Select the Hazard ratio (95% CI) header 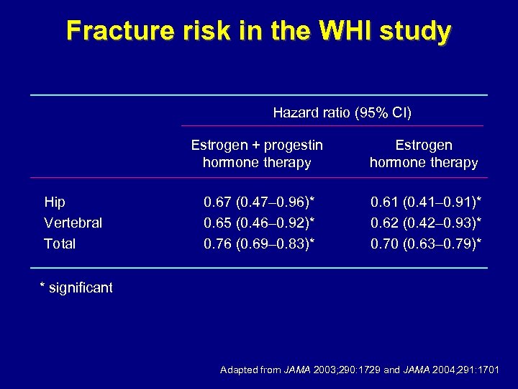342,112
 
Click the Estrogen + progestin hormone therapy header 257,154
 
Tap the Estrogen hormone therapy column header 423,154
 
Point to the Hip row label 55,202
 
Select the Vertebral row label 73,223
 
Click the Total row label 60,243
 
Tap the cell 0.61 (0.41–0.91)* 426,202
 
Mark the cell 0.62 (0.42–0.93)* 426,223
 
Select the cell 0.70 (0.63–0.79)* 426,243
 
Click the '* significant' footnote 76,288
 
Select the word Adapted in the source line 240,370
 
